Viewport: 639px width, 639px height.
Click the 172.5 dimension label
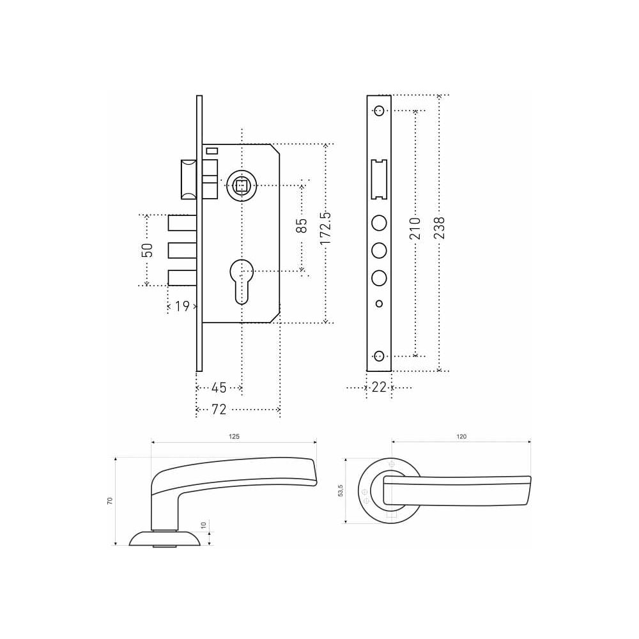pyautogui.click(x=326, y=229)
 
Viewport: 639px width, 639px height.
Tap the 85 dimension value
pyautogui.click(x=302, y=226)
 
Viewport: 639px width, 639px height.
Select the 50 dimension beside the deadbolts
pyautogui.click(x=147, y=250)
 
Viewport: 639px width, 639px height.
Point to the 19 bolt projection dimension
pyautogui.click(x=183, y=306)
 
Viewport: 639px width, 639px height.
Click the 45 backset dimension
pyautogui.click(x=219, y=388)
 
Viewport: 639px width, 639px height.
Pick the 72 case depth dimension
pyautogui.click(x=219, y=409)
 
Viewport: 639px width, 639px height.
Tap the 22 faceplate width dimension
pyautogui.click(x=379, y=387)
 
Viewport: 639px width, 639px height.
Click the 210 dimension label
pyautogui.click(x=415, y=229)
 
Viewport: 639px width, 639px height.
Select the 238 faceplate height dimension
pyautogui.click(x=440, y=228)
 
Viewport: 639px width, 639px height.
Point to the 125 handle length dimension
pyautogui.click(x=234, y=436)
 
